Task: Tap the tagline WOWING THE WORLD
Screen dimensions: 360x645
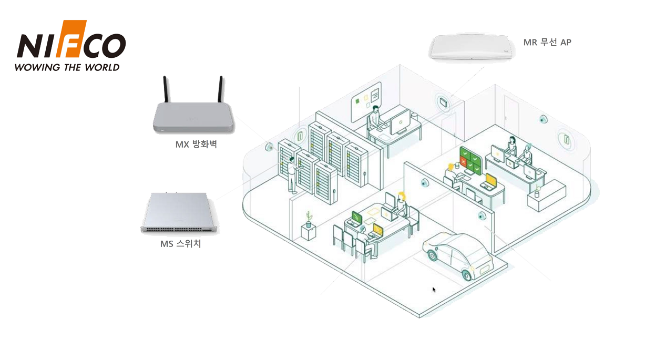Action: (67, 67)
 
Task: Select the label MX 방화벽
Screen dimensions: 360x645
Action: (196, 144)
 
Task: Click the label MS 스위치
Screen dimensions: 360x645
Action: (180, 244)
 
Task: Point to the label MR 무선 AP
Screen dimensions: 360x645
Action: (547, 43)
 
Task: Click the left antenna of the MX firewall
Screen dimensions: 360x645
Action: (166, 90)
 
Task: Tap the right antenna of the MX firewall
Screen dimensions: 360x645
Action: (221, 90)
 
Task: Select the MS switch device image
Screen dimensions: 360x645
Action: (179, 213)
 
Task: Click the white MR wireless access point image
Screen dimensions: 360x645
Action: (470, 48)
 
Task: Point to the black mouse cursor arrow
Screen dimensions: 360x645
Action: (434, 289)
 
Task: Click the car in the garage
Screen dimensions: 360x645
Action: (458, 254)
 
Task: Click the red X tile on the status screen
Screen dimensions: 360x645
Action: (463, 161)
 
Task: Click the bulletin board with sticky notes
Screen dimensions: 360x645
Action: (366, 99)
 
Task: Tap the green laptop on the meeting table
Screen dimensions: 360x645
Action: (357, 217)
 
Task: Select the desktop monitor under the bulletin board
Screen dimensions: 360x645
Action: (400, 120)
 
